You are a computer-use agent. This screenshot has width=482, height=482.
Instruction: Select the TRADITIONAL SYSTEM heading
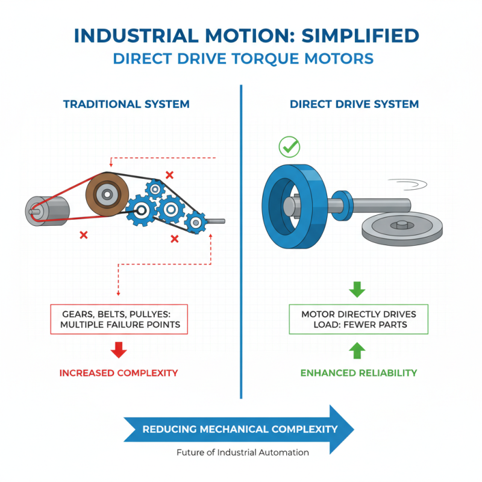126,104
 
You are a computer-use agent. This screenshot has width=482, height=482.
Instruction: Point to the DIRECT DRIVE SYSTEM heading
354,104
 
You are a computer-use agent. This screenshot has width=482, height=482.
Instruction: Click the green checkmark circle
289,146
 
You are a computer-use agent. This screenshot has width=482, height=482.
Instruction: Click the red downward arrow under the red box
119,349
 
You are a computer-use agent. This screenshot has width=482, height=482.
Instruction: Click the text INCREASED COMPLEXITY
119,373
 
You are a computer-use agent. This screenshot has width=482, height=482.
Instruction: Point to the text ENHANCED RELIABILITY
358,373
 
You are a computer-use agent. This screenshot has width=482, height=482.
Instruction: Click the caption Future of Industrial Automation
243,452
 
